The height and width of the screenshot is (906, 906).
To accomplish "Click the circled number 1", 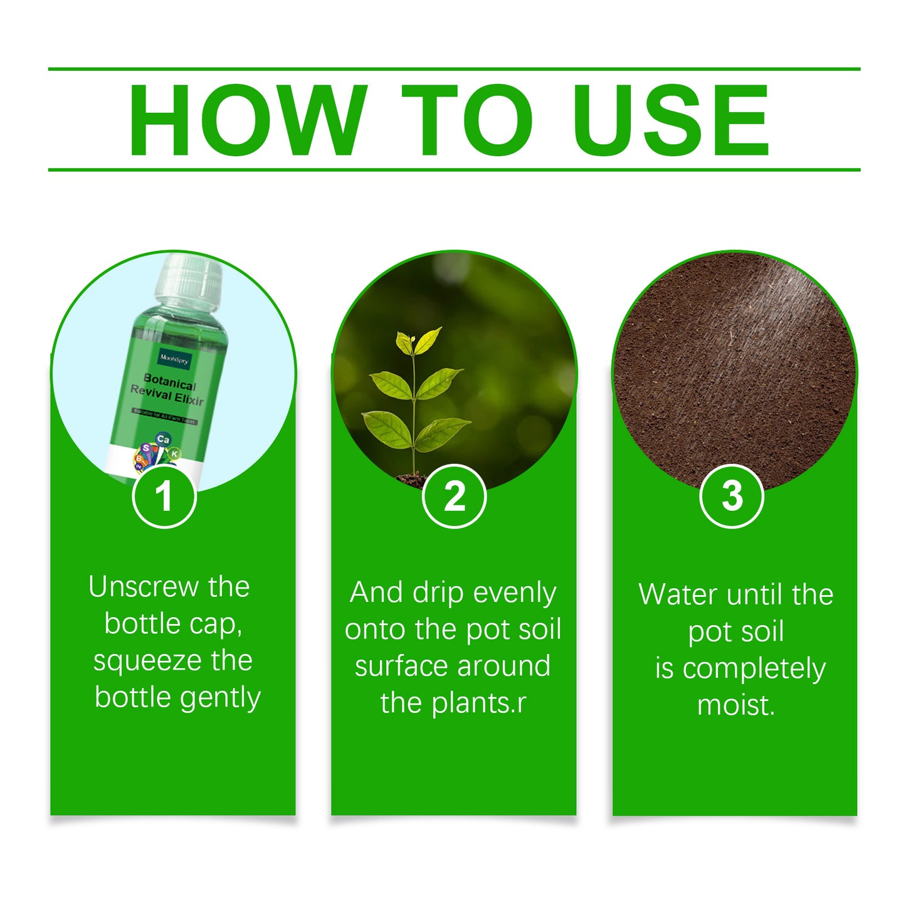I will click(x=164, y=496).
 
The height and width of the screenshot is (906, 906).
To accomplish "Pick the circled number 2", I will click(x=454, y=496).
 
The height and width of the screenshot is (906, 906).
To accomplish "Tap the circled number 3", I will click(x=731, y=496).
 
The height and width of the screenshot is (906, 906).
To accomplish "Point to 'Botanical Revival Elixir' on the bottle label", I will click(x=167, y=390).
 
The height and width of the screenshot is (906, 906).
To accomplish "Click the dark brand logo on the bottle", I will click(x=174, y=359).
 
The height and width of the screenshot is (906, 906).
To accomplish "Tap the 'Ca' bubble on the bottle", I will click(x=163, y=439).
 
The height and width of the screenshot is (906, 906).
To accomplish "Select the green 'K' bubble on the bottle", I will click(x=175, y=453).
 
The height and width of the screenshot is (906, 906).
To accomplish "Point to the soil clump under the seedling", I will click(x=412, y=480).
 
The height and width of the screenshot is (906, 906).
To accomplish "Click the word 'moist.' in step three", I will click(x=736, y=705).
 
